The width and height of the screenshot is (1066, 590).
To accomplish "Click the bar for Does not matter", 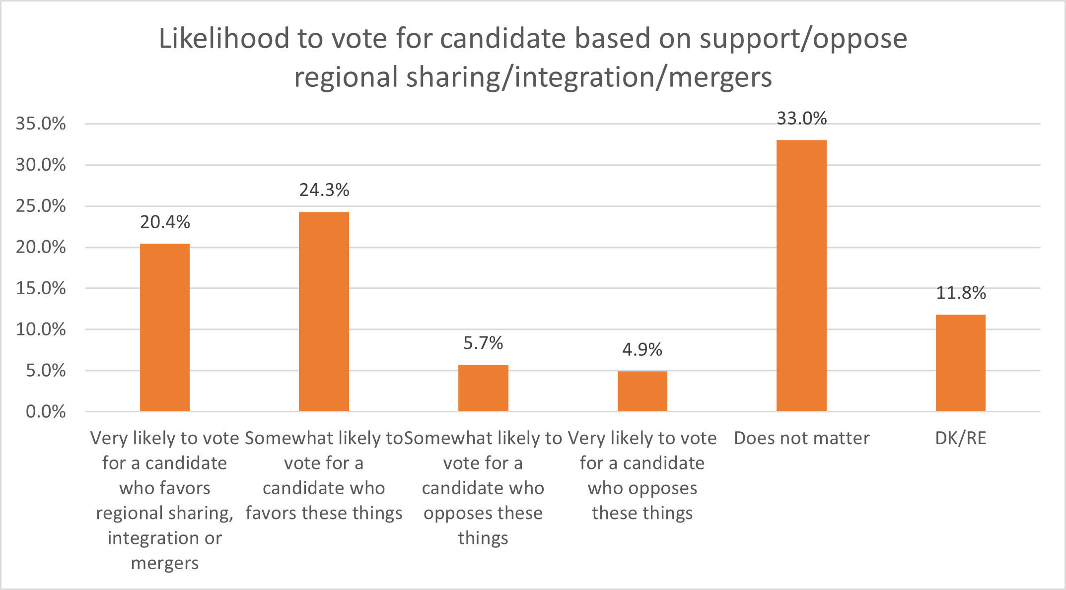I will click(x=801, y=275).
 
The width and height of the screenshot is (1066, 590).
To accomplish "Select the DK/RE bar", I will click(x=960, y=363).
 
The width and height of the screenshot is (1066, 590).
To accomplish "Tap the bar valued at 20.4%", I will click(x=165, y=328).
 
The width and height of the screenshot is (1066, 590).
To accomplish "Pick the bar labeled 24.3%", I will click(x=324, y=312).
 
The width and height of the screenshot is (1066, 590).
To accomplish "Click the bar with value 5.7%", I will click(x=483, y=388).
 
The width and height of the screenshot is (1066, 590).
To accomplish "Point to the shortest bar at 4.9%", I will click(x=642, y=391).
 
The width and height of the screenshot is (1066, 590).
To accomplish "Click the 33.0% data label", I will click(x=801, y=119).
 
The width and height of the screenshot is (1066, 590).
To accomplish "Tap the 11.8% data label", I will click(x=960, y=293).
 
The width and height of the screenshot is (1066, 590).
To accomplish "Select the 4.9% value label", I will click(x=642, y=350).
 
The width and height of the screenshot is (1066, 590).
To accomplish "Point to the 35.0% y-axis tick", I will click(x=41, y=124).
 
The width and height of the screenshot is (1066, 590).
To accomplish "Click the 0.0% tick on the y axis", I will click(x=46, y=411).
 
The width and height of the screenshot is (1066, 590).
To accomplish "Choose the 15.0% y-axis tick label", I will click(x=41, y=288).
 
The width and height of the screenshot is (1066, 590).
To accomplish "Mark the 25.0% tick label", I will click(x=41, y=206).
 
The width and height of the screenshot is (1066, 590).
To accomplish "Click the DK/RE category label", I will click(x=960, y=438).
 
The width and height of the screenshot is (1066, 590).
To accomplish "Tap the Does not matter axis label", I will click(x=801, y=438).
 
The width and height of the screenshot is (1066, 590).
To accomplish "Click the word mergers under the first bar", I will click(x=165, y=563).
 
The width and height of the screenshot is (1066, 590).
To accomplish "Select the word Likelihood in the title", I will click(x=224, y=39).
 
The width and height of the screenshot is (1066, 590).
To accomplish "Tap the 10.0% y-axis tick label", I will click(x=41, y=329).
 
